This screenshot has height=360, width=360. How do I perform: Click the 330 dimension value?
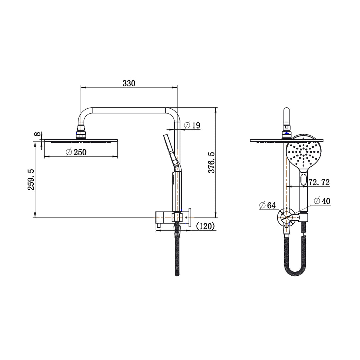point(129,83)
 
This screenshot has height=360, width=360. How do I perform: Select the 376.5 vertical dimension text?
point(211,162)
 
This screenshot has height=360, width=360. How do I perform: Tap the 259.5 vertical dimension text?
point(31,179)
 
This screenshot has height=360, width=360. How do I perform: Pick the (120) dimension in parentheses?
point(205,226)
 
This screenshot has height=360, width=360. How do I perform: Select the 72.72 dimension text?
point(319,182)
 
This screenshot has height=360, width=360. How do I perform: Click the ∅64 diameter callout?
point(267,205)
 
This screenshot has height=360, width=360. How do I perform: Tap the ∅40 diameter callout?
point(322,201)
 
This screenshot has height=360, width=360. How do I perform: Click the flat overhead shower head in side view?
point(81,141)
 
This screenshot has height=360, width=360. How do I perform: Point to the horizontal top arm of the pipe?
point(130,110)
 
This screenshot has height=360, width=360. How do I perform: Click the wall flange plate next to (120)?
point(190,218)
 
